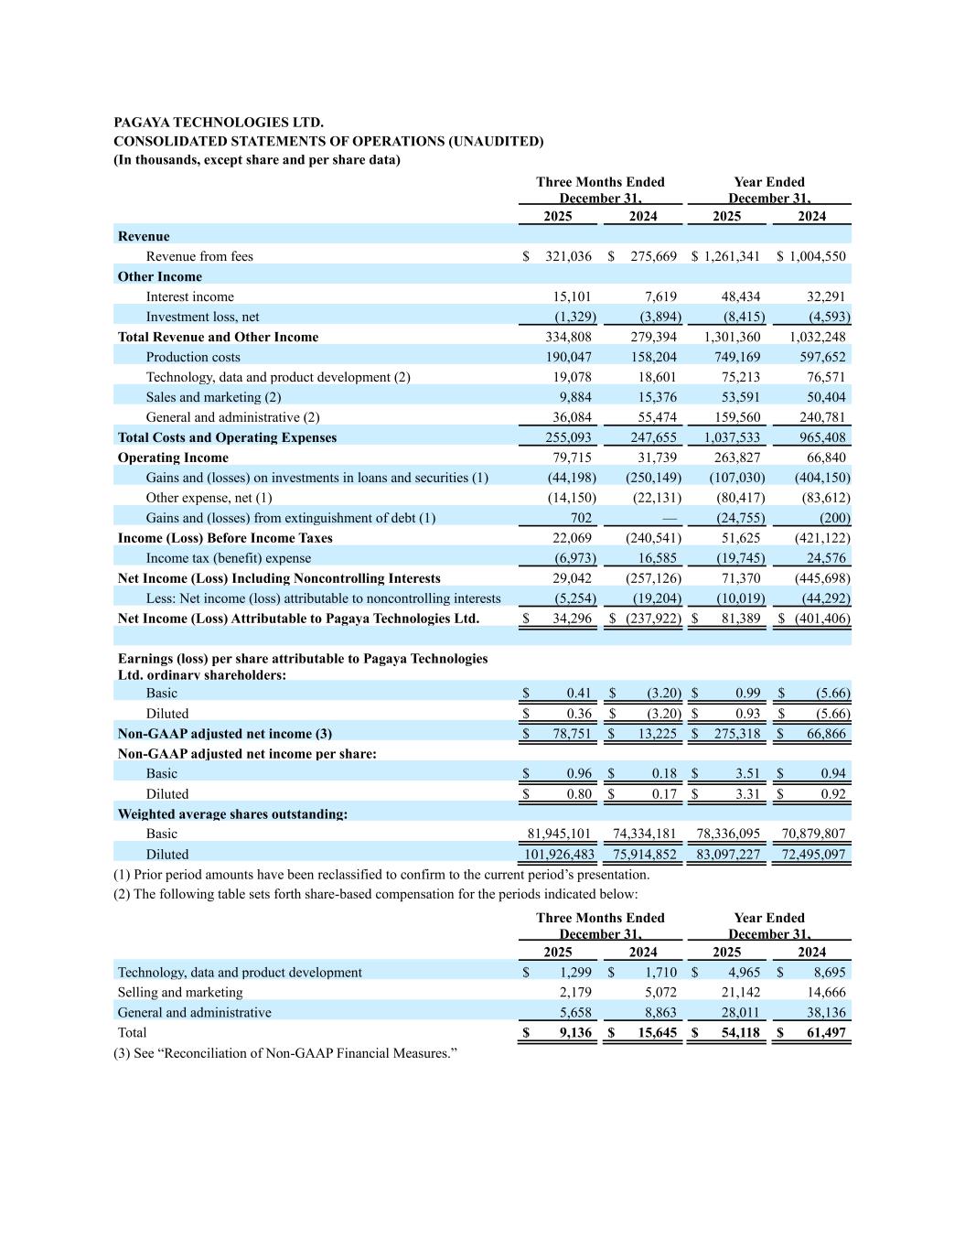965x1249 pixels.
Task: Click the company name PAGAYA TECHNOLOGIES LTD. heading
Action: (x=219, y=122)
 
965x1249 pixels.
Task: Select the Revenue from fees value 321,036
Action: (x=568, y=256)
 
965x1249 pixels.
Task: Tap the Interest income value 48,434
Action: (x=736, y=296)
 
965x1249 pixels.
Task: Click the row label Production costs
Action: (x=193, y=357)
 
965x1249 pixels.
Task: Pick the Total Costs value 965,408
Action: (x=822, y=437)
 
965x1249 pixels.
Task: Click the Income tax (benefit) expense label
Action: (x=228, y=558)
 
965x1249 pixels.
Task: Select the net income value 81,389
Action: (x=740, y=619)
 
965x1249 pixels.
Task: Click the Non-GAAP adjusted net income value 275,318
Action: (x=736, y=734)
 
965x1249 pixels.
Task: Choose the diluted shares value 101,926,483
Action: (x=559, y=855)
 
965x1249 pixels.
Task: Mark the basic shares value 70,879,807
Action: (x=813, y=834)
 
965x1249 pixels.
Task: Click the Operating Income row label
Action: (x=173, y=458)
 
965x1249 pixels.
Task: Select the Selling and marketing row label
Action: (x=180, y=992)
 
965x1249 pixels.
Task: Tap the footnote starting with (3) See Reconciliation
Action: (x=284, y=1053)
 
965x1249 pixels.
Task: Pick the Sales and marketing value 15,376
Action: (x=657, y=397)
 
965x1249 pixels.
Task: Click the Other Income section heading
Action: (x=160, y=276)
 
